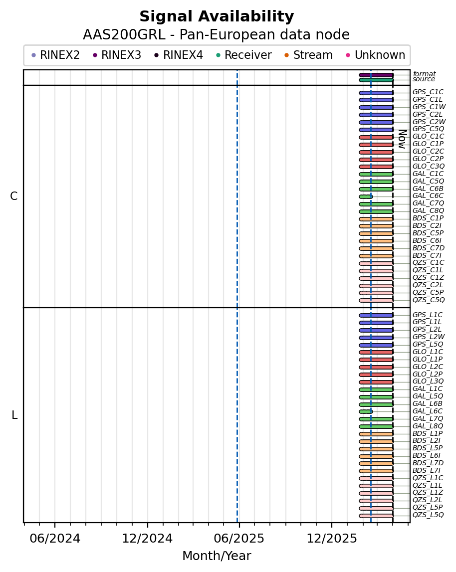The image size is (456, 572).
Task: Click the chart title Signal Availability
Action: (217, 17)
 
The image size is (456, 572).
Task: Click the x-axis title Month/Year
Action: (217, 556)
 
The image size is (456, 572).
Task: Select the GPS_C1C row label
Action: (428, 92)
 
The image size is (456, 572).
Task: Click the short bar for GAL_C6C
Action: (366, 196)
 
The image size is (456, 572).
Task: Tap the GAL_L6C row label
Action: (428, 411)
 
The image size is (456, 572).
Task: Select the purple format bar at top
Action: (376, 75)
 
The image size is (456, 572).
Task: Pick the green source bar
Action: (376, 80)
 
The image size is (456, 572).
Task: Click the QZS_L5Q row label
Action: (428, 515)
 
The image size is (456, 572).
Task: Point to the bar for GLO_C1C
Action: (376, 137)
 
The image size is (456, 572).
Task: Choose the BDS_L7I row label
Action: (426, 471)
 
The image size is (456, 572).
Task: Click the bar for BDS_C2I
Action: (376, 226)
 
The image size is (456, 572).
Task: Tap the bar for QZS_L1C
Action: (376, 478)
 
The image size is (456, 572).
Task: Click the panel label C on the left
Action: (14, 196)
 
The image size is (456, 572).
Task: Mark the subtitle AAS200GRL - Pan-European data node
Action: (217, 35)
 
